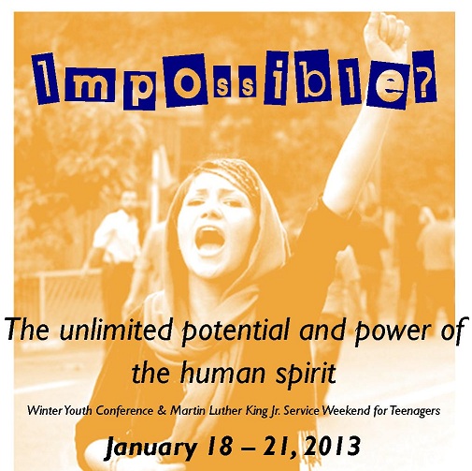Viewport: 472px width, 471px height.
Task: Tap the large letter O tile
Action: coord(187,80)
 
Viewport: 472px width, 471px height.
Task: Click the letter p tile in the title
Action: coord(139,89)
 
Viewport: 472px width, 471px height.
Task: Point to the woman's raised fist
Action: coord(386,35)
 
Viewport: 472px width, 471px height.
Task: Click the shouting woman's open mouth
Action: coord(209,241)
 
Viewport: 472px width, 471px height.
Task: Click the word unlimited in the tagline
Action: coord(115,330)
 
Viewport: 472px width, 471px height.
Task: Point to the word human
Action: coord(223,374)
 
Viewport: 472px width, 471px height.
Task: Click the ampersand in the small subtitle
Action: coord(162,410)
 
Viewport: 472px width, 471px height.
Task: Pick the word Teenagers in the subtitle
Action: coord(415,411)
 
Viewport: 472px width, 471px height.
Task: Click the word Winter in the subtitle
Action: coord(45,410)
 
